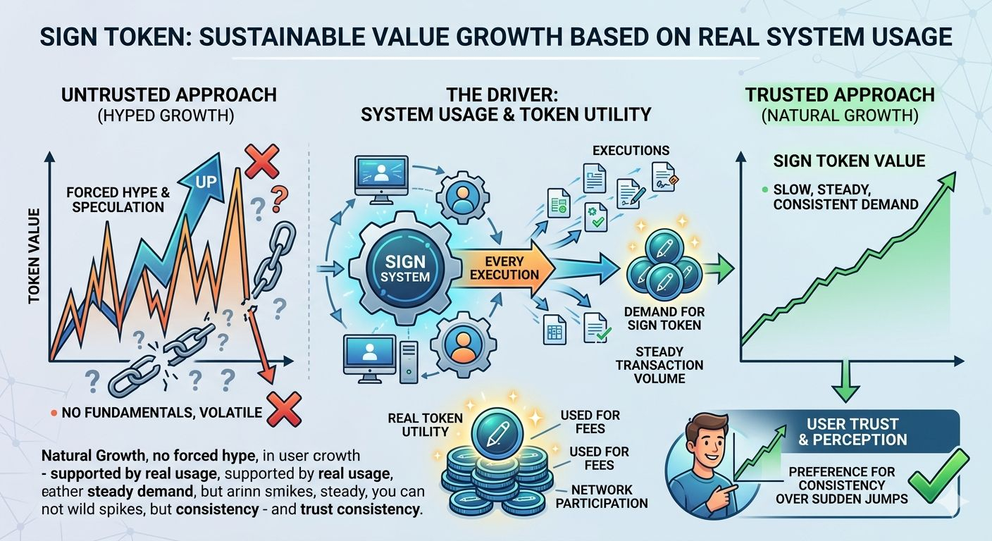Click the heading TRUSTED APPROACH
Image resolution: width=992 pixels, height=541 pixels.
click(x=840, y=95)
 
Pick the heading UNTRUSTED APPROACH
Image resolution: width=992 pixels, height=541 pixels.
click(x=169, y=95)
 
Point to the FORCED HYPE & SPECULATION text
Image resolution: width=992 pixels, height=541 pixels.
click(x=116, y=199)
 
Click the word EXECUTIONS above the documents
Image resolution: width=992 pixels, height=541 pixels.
click(x=631, y=150)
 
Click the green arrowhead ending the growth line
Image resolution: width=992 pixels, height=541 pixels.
click(x=948, y=180)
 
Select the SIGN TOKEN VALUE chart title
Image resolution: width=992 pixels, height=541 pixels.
click(x=849, y=161)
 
